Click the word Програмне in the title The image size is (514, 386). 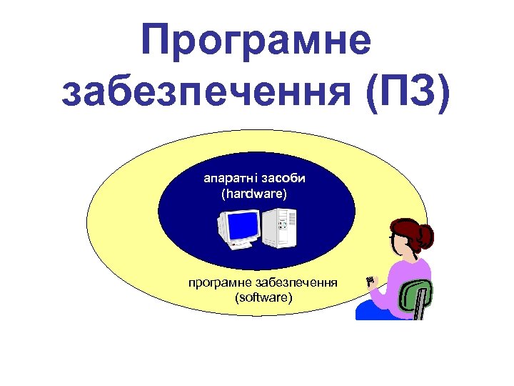point(256,41)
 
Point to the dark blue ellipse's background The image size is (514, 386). point(186,214)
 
